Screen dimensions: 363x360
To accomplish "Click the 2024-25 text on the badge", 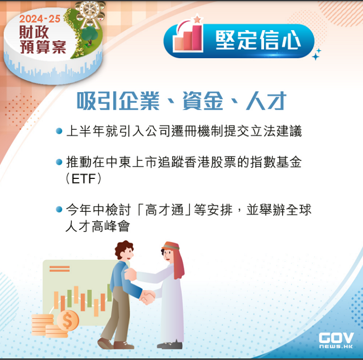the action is pyautogui.click(x=40, y=19).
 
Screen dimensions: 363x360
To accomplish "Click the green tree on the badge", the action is pyautogui.click(x=89, y=35).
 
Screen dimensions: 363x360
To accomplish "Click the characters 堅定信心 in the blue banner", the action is pyautogui.click(x=258, y=40).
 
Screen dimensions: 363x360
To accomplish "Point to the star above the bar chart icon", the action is pyautogui.click(x=197, y=19).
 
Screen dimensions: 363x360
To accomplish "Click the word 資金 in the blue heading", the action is pyautogui.click(x=203, y=101).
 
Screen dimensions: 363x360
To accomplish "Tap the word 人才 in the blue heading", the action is pyautogui.click(x=266, y=101).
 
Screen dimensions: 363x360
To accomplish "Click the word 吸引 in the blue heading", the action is pyautogui.click(x=97, y=101).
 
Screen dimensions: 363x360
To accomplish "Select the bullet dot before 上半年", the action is pyautogui.click(x=59, y=131).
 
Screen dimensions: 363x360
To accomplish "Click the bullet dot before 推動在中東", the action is pyautogui.click(x=59, y=162).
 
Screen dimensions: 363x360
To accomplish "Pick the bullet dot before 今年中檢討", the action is pyautogui.click(x=59, y=210).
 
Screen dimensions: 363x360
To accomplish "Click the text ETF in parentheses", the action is pyautogui.click(x=84, y=179).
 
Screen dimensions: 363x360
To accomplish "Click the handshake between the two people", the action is pyautogui.click(x=147, y=297).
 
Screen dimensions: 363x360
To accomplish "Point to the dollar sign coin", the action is pyautogui.click(x=68, y=321).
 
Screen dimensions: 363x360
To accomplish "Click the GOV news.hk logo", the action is pyautogui.click(x=336, y=340).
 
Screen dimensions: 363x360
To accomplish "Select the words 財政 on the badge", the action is pyautogui.click(x=34, y=32).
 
